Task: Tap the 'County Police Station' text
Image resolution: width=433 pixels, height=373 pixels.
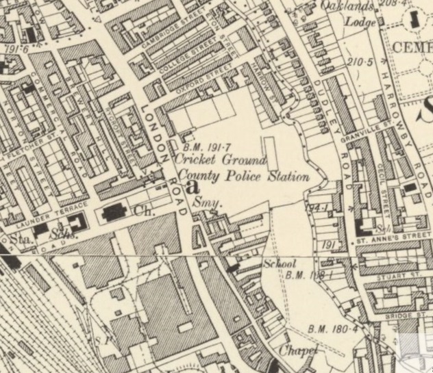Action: (x=241, y=177)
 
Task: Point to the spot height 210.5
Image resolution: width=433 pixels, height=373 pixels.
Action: (x=359, y=62)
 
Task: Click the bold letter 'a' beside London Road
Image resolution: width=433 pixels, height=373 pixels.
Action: (x=192, y=185)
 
